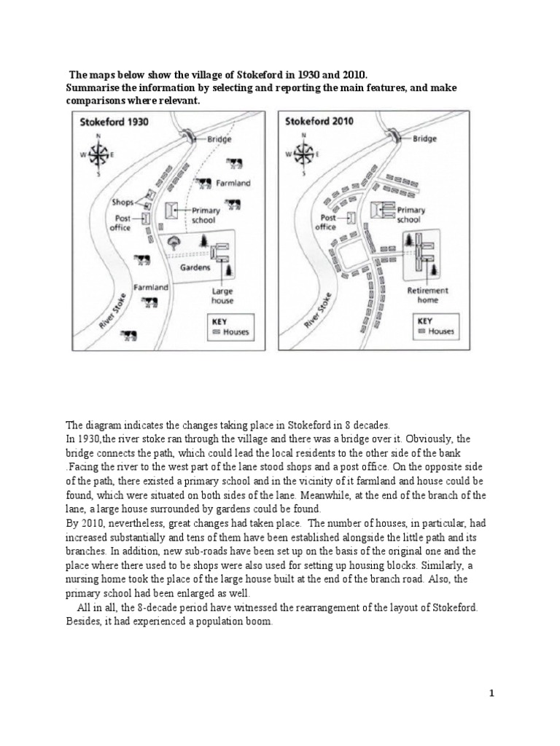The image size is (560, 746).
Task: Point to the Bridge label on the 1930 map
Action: (219, 138)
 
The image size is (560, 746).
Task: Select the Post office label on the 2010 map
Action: (326, 222)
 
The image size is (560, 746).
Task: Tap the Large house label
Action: (222, 295)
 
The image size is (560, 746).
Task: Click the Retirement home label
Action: (428, 295)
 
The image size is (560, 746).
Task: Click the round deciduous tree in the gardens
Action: (174, 241)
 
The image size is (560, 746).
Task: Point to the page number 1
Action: (492, 694)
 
